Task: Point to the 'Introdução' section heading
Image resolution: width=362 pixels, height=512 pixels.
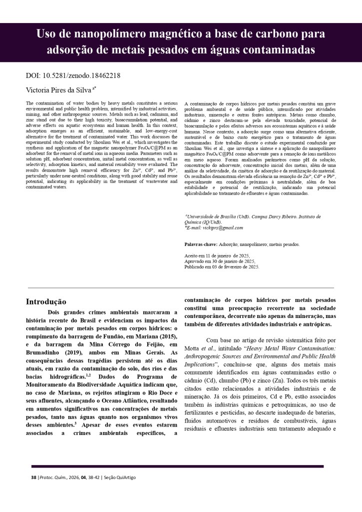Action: pyautogui.click(x=46, y=301)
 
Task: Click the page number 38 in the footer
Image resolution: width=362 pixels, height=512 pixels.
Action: pyautogui.click(x=33, y=477)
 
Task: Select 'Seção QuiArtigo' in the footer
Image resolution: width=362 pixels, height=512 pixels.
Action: pyautogui.click(x=120, y=477)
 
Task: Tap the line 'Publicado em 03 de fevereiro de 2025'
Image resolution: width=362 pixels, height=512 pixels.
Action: pyautogui.click(x=222, y=267)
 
